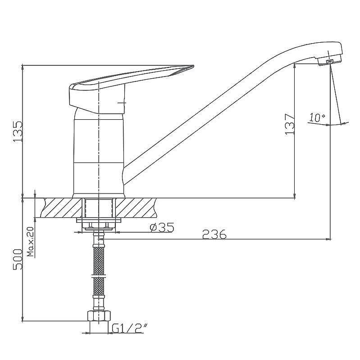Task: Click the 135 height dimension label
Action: [x=18, y=131]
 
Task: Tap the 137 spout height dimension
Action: [x=290, y=124]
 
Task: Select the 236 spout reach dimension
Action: [x=214, y=234]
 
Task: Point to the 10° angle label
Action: [x=317, y=117]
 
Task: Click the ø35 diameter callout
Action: [x=162, y=228]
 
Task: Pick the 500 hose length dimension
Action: [x=18, y=259]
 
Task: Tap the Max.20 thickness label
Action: [x=31, y=242]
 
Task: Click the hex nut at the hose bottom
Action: [x=99, y=316]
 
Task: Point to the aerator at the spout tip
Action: [x=330, y=61]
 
